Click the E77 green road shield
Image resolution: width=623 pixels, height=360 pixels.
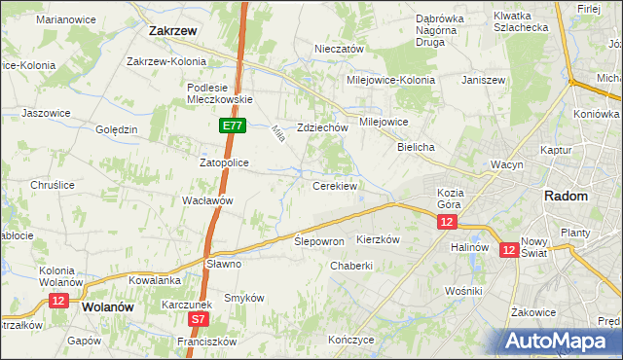233,126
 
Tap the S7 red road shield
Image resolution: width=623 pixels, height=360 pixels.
199,318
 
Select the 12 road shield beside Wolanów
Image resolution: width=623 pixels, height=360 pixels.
58,302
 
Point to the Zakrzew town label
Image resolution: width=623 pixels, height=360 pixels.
173,30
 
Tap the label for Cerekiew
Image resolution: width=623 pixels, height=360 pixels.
335,185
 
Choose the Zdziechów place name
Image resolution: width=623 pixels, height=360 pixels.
322,127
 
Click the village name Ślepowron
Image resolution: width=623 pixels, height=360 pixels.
319,240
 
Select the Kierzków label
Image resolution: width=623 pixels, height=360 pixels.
379,238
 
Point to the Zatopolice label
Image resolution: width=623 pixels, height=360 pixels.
225,162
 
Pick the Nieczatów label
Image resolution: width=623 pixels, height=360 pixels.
339,49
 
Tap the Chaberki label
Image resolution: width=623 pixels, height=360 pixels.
351,266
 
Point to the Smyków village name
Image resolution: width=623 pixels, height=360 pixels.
244,298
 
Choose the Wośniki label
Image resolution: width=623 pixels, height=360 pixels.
462,290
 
